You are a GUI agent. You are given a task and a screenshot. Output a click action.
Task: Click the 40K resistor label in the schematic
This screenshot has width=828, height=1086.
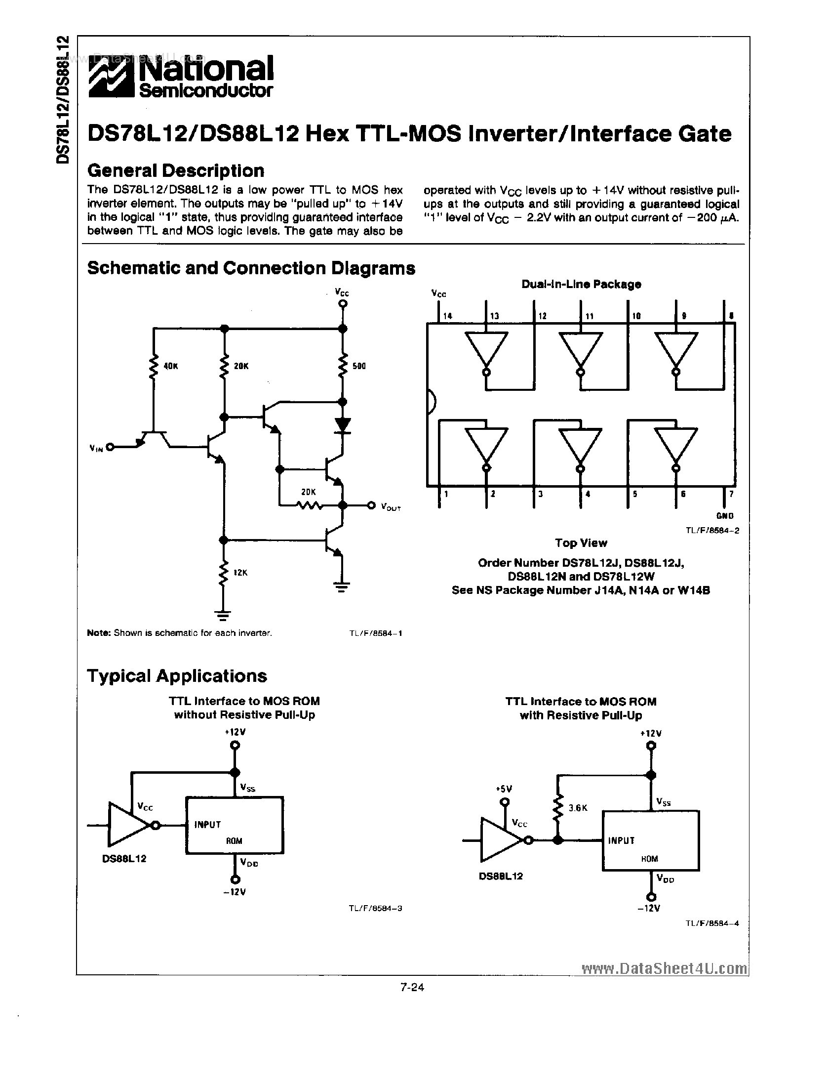point(170,367)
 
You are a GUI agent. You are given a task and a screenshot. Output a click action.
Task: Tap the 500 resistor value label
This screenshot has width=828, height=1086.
point(359,367)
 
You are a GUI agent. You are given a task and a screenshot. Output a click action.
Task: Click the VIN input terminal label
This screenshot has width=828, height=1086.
point(96,448)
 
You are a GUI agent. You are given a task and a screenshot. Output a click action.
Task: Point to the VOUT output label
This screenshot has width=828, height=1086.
point(391,506)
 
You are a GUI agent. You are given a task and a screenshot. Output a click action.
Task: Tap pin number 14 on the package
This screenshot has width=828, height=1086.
point(447,316)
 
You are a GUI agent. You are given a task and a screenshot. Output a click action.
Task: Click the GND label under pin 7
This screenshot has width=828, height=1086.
point(725,516)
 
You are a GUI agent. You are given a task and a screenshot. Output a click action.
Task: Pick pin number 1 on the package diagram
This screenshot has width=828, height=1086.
point(446,493)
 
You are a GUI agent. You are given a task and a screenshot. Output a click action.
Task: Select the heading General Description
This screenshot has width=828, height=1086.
point(176,171)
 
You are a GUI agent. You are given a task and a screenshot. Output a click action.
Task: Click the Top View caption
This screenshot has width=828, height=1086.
point(581,543)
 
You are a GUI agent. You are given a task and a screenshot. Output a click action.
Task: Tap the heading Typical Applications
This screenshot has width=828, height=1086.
point(177,676)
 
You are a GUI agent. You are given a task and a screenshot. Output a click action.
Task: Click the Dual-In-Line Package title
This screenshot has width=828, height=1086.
point(581,284)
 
